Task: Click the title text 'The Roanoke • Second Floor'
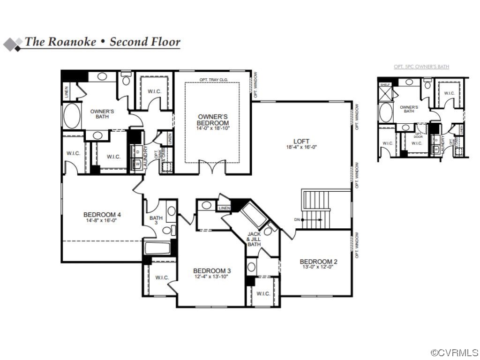pyautogui.click(x=102, y=42)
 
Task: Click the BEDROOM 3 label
pyautogui.click(x=212, y=271)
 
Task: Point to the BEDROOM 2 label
pyautogui.click(x=318, y=262)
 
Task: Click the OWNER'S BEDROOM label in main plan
pyautogui.click(x=213, y=120)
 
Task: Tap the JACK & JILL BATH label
pyautogui.click(x=254, y=239)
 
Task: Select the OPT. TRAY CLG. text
pyautogui.click(x=213, y=80)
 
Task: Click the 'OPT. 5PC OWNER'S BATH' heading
pyautogui.click(x=421, y=67)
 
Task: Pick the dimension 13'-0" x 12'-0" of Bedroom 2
pyautogui.click(x=318, y=267)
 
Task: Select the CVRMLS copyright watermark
pyautogui.click(x=454, y=352)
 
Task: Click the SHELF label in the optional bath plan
pyautogui.click(x=385, y=85)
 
